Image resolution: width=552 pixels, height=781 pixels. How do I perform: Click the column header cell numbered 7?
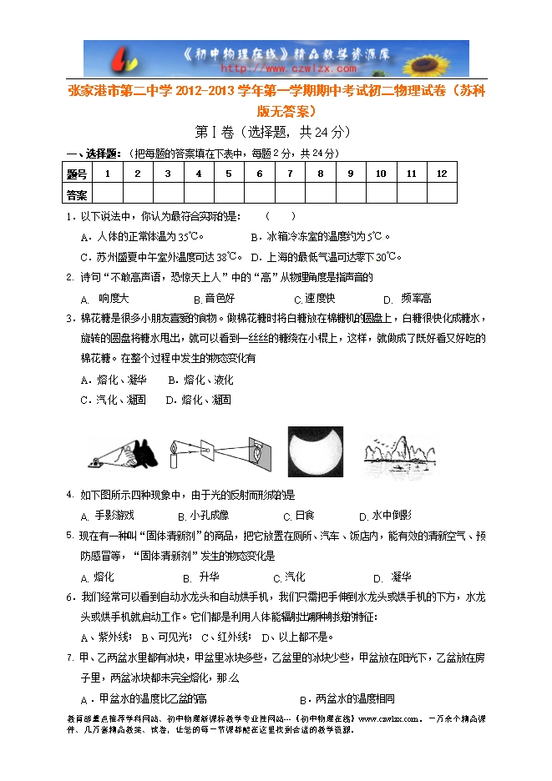point(289,174)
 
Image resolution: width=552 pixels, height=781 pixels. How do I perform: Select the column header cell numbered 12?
point(441,174)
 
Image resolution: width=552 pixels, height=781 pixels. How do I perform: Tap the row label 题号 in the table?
point(77,174)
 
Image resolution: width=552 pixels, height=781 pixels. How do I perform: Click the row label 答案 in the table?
point(77,194)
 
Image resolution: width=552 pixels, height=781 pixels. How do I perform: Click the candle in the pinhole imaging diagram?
point(175,456)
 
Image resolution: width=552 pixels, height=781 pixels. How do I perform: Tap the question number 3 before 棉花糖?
point(70,318)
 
